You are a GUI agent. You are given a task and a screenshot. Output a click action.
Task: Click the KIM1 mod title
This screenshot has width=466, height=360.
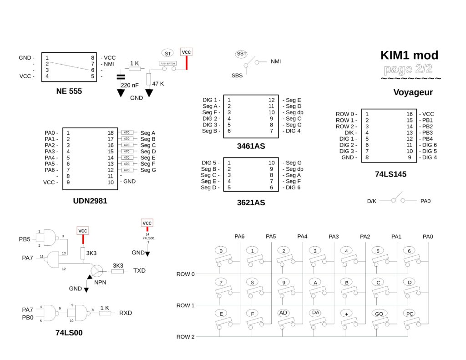click(x=409, y=56)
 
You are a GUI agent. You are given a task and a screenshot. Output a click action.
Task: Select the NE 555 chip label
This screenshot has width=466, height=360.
click(x=69, y=91)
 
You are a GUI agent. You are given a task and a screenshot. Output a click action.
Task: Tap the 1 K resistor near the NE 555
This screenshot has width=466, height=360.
click(x=134, y=69)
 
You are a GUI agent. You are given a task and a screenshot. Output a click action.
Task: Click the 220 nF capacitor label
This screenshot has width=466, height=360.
click(x=129, y=85)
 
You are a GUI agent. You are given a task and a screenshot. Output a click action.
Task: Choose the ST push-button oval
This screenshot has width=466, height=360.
click(x=168, y=53)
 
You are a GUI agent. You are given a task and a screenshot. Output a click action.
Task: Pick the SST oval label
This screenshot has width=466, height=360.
click(x=241, y=54)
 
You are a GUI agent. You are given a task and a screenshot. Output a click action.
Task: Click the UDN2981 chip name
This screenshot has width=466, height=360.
click(x=90, y=200)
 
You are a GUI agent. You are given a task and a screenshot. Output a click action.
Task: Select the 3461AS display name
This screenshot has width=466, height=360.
click(x=251, y=146)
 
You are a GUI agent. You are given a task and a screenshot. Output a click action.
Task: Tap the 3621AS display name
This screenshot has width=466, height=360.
click(x=251, y=203)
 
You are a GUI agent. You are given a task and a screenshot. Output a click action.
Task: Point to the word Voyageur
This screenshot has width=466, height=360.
click(x=413, y=93)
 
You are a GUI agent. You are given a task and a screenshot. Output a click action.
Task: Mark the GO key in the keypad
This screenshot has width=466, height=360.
click(x=379, y=314)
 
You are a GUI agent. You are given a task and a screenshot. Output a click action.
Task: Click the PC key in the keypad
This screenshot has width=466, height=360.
click(x=410, y=314)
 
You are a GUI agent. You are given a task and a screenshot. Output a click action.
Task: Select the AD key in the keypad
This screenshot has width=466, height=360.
click(x=283, y=313)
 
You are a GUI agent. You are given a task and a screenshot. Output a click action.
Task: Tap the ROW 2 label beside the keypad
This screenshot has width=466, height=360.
click(x=186, y=337)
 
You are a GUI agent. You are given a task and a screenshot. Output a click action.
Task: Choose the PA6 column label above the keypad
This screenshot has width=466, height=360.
click(x=239, y=236)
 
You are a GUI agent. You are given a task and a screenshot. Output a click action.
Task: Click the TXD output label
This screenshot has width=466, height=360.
click(x=139, y=270)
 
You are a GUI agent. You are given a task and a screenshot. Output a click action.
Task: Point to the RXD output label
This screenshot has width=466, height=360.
click(x=126, y=313)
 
